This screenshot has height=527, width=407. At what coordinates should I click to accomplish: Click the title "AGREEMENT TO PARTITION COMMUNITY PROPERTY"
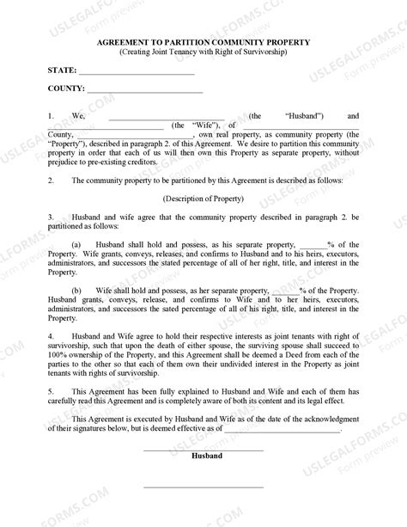[x=203, y=40]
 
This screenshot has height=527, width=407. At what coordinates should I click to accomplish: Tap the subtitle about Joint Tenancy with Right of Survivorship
[x=203, y=52]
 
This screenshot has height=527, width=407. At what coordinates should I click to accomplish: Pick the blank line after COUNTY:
[x=145, y=89]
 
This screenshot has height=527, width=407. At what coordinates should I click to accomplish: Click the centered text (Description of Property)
[x=203, y=198]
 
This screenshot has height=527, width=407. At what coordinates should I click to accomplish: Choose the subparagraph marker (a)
[x=77, y=244]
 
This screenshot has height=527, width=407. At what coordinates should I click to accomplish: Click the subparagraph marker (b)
[x=77, y=290]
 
